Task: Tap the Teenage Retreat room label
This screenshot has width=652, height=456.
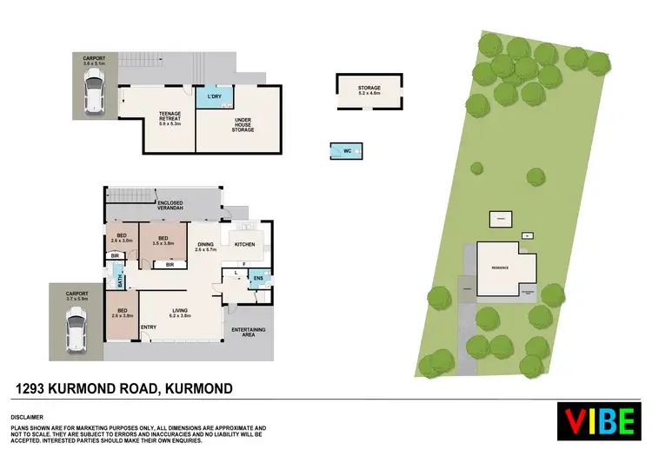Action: (169, 119)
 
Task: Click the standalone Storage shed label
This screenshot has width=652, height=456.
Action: (369, 90)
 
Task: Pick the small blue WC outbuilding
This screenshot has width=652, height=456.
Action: (346, 152)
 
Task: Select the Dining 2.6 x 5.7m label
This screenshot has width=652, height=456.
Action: (205, 248)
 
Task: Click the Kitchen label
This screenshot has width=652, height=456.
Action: (247, 244)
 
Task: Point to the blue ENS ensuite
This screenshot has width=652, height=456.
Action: (257, 278)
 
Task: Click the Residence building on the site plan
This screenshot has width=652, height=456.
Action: (501, 266)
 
